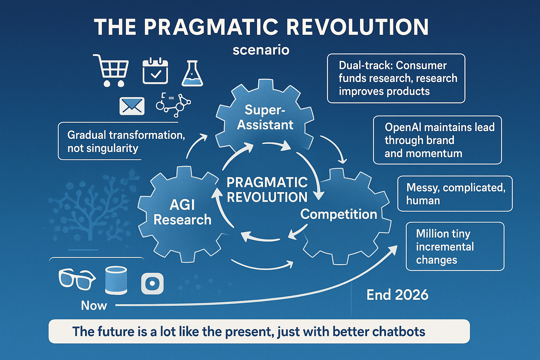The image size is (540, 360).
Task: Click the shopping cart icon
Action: (111, 70)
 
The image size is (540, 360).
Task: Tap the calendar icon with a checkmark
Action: (155, 71)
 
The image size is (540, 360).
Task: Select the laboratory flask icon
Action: (192, 73)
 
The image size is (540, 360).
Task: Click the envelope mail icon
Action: (132, 106)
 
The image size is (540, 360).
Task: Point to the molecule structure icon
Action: (173, 105)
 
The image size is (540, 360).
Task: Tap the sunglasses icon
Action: (77, 279)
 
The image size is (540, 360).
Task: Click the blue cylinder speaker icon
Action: (116, 280)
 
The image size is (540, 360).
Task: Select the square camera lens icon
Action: (152, 283)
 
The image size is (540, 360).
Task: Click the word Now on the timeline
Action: (94, 306)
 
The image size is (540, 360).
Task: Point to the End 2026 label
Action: (397, 295)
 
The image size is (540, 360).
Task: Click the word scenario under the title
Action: (261, 50)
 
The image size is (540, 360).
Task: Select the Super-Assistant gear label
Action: (265, 117)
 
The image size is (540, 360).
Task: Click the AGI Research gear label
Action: (182, 212)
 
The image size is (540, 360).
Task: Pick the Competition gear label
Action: (339, 214)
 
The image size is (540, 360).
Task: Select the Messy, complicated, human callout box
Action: (455, 194)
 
